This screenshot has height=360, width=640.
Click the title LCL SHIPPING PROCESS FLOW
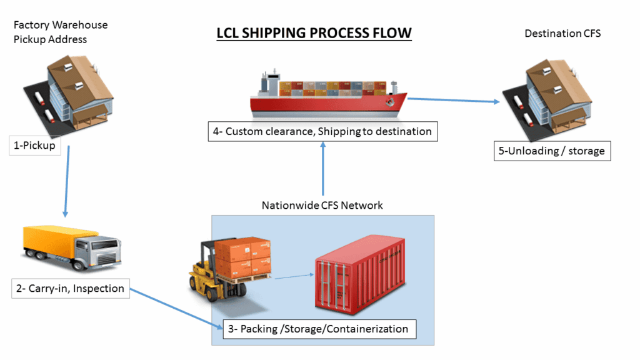click(x=314, y=32)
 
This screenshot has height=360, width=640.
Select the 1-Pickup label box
click(x=35, y=146)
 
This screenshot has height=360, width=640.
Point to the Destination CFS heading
click(x=562, y=33)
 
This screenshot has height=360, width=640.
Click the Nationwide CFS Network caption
click(x=322, y=205)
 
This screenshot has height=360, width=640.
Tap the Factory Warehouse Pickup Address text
click(x=60, y=32)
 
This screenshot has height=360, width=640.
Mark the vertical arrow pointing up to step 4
click(x=323, y=169)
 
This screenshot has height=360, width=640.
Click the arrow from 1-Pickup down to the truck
click(x=66, y=181)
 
